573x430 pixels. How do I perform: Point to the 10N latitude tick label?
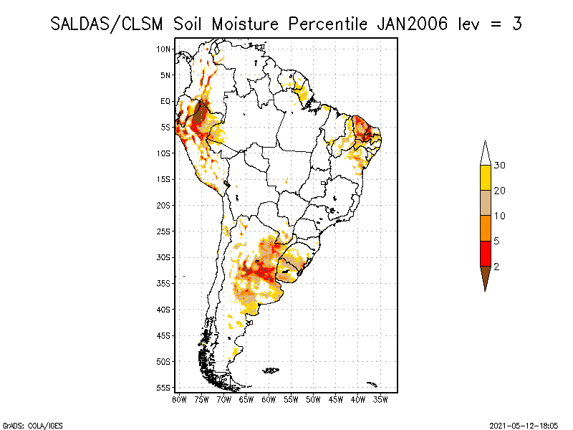pos(164,49)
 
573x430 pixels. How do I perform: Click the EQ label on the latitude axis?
pos(165,101)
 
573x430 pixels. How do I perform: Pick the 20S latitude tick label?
pos(164,205)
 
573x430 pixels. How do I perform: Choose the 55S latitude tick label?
pos(164,388)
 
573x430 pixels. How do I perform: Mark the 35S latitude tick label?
pos(164,283)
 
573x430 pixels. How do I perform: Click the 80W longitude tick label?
pos(179,398)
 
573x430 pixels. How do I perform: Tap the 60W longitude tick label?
pos(269,398)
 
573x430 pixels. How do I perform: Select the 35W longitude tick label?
pos(380,398)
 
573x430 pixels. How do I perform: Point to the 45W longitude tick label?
pos(335,398)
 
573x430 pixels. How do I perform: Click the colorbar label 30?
pos(500,166)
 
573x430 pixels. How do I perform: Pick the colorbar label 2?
pos(496,266)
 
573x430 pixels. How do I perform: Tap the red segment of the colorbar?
pos(485,253)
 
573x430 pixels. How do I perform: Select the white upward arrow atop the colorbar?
pos(485,153)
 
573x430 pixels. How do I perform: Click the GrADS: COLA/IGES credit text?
pos(23,424)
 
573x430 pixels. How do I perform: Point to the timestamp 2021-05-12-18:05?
pos(524,424)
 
